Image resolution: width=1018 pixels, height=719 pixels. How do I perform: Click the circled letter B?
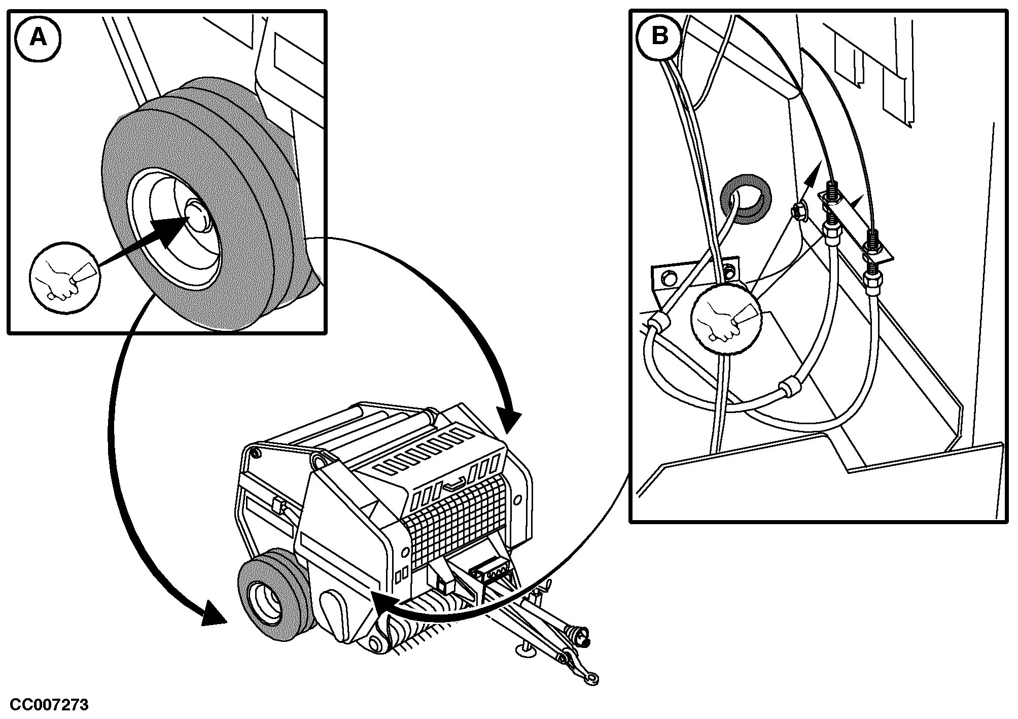point(659,37)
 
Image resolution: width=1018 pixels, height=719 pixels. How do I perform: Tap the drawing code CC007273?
point(49,705)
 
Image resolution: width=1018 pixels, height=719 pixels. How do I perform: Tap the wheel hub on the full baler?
point(263,602)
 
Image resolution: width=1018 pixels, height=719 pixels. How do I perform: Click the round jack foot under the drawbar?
point(526,649)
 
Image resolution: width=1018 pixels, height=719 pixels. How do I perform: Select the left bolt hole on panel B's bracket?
point(668,277)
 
